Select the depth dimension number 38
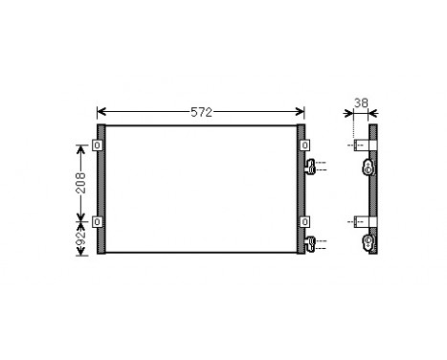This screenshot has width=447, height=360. coord(361,103)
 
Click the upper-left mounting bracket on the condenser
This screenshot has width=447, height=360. coord(97,146)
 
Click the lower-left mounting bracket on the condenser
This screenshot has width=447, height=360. coord(97,222)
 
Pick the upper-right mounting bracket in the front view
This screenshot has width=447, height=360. coord(304,146)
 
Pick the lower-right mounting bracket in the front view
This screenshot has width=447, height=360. coord(304,222)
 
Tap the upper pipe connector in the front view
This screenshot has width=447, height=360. coord(311,167)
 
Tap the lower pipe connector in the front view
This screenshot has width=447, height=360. coord(311,242)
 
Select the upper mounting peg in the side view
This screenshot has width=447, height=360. coord(361,146)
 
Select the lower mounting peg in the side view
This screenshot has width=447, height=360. coord(361,222)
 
